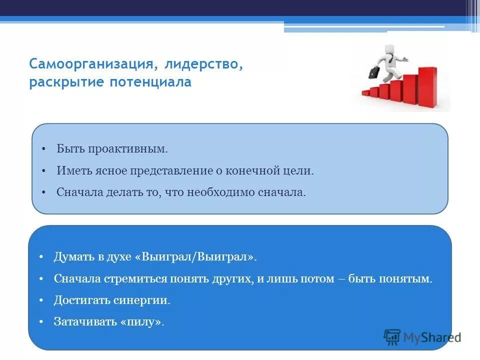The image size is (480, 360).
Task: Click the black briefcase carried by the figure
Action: tap(374, 72)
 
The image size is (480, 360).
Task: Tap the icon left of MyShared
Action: tap(392, 337)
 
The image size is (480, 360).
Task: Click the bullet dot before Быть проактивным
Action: tap(43, 149)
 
